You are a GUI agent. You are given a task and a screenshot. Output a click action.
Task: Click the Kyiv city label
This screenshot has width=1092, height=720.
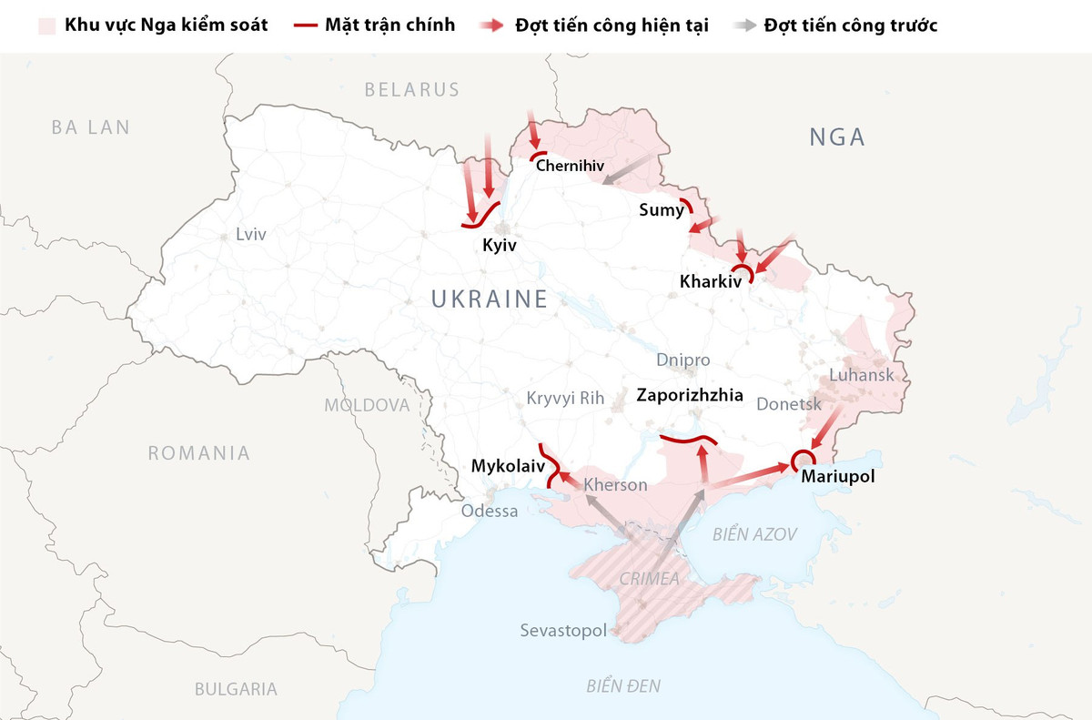coord(500,246)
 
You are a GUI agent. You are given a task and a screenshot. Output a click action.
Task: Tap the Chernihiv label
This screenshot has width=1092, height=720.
coord(571,166)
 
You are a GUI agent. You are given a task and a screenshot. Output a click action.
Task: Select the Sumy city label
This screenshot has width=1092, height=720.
coord(661,210)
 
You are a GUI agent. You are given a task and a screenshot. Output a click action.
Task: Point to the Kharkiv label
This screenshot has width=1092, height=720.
coord(711,282)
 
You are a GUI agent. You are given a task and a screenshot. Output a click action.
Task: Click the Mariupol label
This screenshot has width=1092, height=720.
coord(837,475)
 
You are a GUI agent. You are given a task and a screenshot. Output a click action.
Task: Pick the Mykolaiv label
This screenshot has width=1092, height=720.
coord(507,466)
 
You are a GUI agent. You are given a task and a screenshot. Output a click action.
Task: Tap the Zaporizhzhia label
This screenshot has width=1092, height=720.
coord(690,396)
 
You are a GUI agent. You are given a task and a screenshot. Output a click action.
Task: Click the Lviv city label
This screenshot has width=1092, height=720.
coord(250,234)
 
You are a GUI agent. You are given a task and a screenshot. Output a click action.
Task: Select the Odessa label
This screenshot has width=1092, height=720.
coord(489,511)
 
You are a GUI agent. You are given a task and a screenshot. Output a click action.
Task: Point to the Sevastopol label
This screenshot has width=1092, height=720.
coord(562,630)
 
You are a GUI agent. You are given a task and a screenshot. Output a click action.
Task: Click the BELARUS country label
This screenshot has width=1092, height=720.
coord(411,89)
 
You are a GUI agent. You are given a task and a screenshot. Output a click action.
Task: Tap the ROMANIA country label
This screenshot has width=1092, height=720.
coord(198,452)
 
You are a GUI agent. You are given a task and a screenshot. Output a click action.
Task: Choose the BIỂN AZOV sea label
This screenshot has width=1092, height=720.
coord(754,534)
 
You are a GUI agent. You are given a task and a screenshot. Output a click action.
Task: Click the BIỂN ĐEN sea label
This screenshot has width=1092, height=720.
coord(623,685)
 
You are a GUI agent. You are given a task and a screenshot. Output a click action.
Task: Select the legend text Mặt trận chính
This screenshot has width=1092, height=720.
coord(389,25)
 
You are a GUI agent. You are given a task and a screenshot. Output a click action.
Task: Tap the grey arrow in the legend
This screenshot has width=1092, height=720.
coord(743,25)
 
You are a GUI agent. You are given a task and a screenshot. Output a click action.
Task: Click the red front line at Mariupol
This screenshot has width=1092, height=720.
coord(802,459)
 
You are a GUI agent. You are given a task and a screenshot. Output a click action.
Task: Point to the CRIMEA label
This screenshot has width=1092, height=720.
coord(649,578)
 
